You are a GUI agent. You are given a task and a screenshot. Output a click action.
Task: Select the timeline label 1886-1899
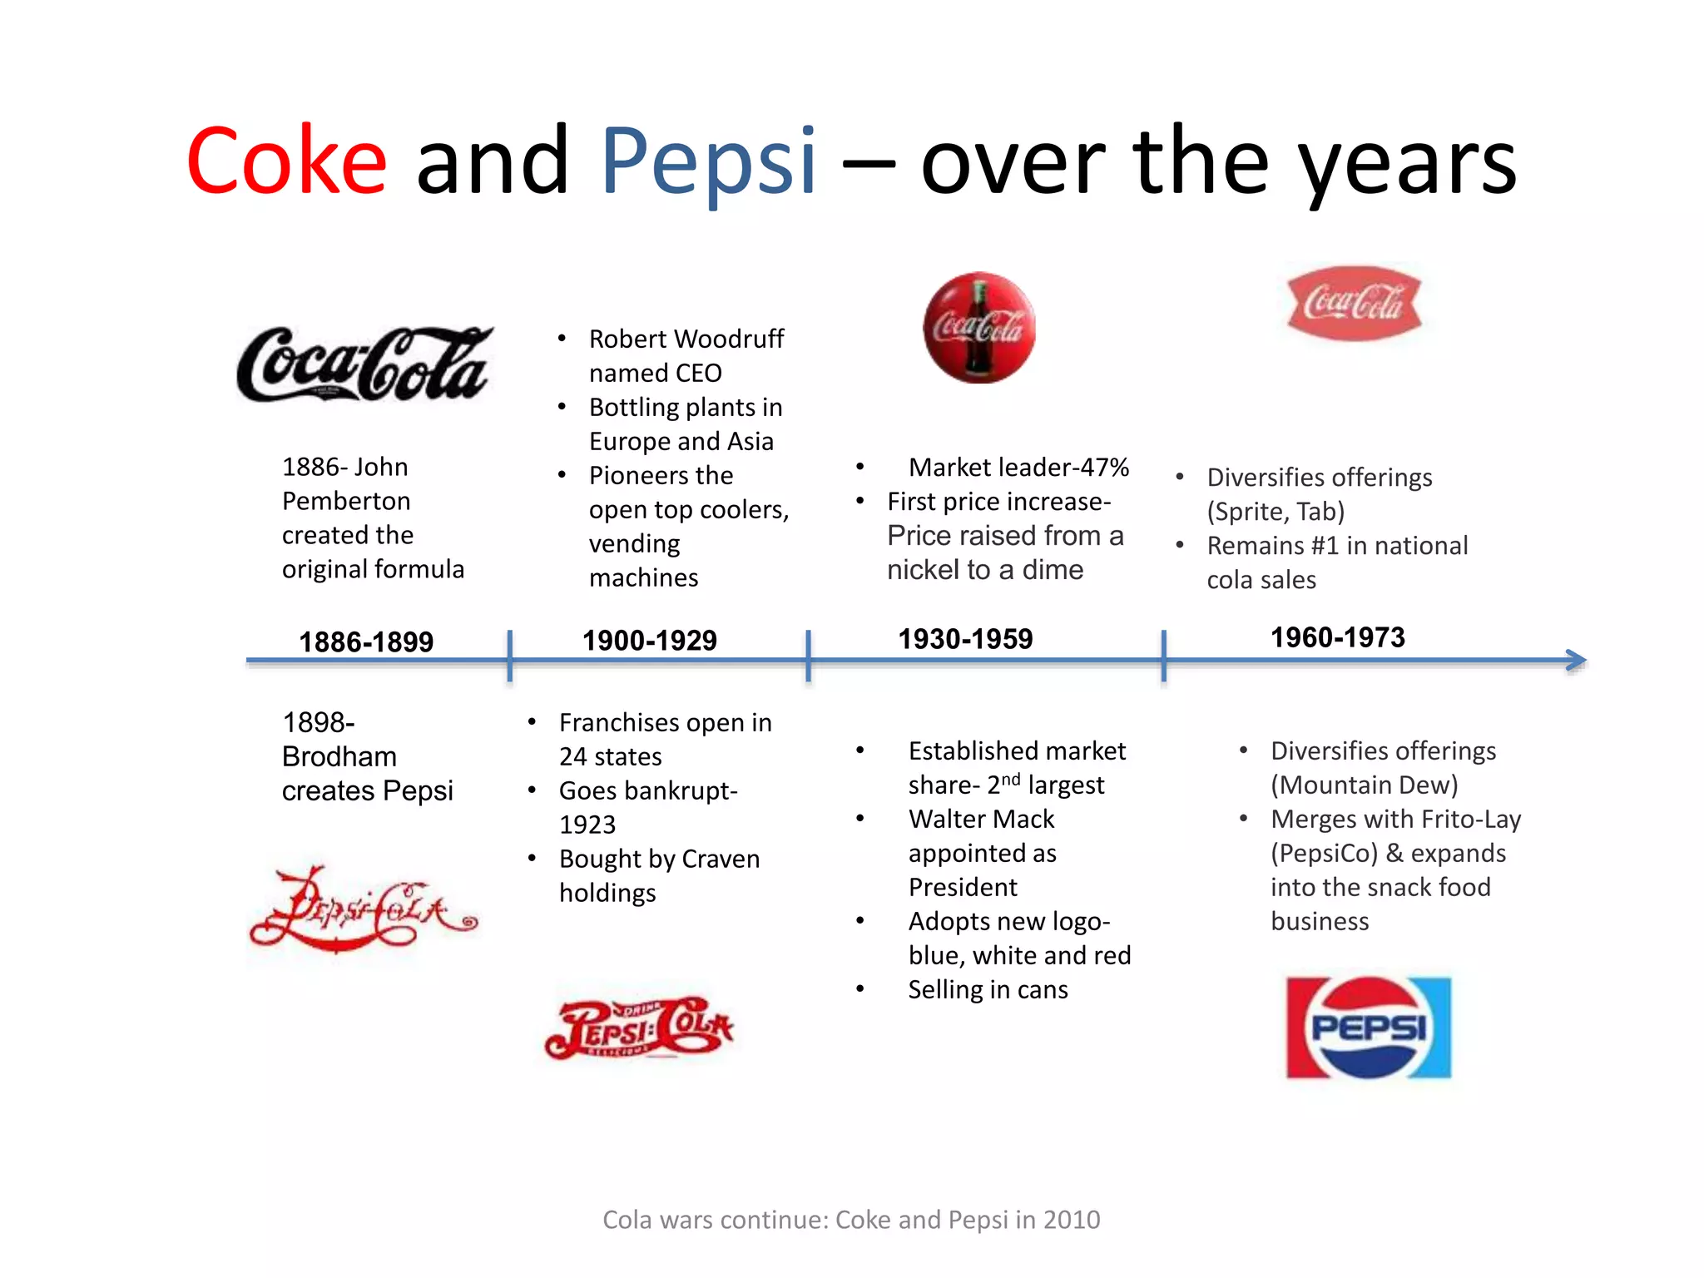366,642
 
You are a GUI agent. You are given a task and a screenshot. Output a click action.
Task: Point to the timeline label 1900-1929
649,641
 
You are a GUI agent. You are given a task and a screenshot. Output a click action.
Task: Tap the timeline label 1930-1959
965,639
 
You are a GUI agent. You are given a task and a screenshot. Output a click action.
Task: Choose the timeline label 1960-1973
1337,637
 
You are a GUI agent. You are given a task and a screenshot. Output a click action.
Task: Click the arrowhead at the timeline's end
1576,661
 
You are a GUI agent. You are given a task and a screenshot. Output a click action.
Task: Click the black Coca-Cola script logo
364,365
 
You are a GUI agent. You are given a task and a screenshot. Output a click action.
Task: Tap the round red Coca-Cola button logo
979,328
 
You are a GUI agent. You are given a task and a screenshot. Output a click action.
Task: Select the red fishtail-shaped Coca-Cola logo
1354,303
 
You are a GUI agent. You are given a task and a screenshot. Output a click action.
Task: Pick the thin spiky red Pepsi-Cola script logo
364,909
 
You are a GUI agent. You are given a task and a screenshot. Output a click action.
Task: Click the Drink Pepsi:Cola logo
639,1028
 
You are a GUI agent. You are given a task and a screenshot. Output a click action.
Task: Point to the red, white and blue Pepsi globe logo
1369,1028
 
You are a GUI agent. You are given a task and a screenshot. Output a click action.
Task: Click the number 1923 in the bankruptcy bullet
587,825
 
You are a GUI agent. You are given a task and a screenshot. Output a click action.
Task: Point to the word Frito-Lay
1471,820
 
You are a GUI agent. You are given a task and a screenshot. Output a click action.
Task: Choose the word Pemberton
346,501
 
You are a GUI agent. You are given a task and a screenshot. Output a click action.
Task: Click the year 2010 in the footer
1072,1220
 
